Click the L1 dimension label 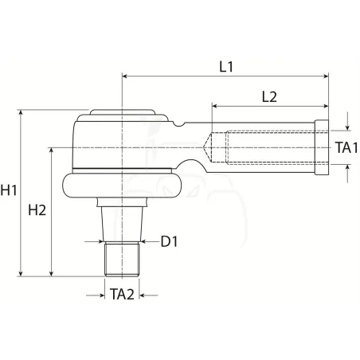226,67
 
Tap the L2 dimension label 269,97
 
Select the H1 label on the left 9,190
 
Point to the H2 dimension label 37,210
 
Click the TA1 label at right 346,147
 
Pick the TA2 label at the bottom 122,295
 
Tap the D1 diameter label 169,241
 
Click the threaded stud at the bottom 122,259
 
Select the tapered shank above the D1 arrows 122,224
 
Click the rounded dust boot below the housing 122,186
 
